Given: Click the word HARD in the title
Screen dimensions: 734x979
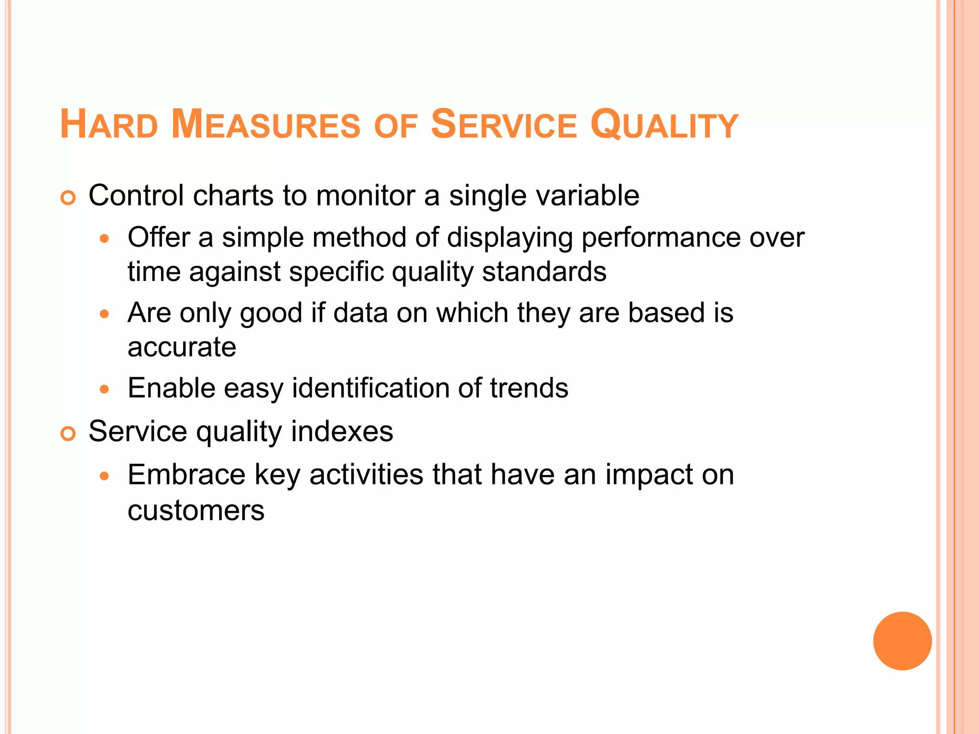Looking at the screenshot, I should coord(109,125).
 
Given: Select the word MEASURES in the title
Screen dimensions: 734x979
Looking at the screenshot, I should coord(266,125).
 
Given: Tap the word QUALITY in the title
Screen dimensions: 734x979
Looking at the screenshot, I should coord(664,125).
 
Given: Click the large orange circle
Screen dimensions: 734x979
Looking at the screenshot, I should coord(902,641).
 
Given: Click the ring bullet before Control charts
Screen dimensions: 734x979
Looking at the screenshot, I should coord(68,197).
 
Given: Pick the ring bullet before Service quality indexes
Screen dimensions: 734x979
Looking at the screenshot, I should coord(68,433).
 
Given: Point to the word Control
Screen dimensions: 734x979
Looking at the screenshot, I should coord(136,195).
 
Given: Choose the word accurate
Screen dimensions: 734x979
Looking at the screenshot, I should coord(182,347).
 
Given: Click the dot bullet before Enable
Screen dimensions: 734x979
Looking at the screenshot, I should coord(105,389).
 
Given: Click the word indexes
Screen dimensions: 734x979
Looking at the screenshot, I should coord(342,432).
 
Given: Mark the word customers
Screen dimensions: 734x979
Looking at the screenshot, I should coord(196,510).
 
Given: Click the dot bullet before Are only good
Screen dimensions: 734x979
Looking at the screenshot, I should coord(105,314).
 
